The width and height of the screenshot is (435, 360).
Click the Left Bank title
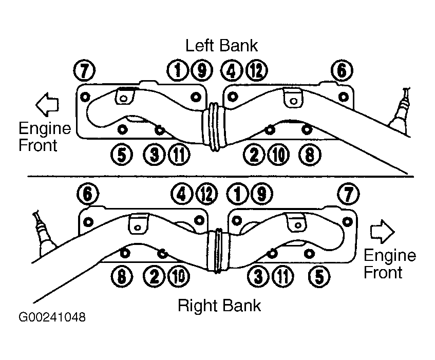(x=221, y=46)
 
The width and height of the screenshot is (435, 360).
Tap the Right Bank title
(x=219, y=306)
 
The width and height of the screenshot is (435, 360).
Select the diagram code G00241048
(x=52, y=317)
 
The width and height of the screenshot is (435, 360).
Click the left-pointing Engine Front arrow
(x=47, y=105)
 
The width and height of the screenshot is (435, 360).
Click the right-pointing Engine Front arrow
(x=382, y=232)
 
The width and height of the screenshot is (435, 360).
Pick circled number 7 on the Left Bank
(x=85, y=70)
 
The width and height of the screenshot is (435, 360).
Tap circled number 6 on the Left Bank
(x=342, y=70)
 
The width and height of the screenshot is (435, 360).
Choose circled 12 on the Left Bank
(x=257, y=70)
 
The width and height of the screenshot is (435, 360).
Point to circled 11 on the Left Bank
(x=179, y=155)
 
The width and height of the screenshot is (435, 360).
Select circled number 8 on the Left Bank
(x=310, y=155)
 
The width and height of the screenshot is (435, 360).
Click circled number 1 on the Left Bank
(x=178, y=70)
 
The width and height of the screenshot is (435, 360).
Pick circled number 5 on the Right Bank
(x=319, y=276)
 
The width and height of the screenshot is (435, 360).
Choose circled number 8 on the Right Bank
(x=122, y=276)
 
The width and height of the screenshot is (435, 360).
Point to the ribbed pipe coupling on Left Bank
(x=214, y=127)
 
